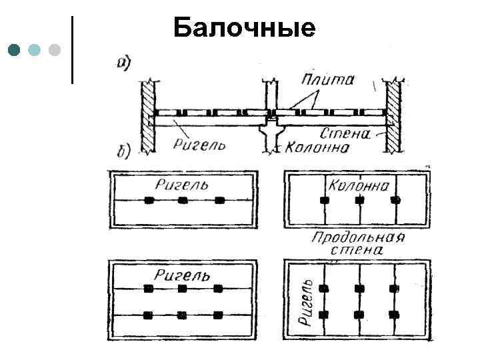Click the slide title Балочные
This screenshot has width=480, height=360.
click(x=243, y=28)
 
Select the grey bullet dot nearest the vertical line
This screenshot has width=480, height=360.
click(x=55, y=50)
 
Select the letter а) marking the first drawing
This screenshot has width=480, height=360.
click(x=124, y=63)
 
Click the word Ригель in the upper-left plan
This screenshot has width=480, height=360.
click(x=181, y=185)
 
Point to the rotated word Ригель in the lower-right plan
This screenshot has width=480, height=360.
click(x=306, y=301)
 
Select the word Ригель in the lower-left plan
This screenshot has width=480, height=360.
click(x=183, y=275)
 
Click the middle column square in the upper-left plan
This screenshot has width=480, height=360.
click(x=183, y=200)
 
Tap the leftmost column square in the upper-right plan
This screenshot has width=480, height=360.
click(x=325, y=200)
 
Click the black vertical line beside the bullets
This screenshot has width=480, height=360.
click(x=72, y=50)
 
